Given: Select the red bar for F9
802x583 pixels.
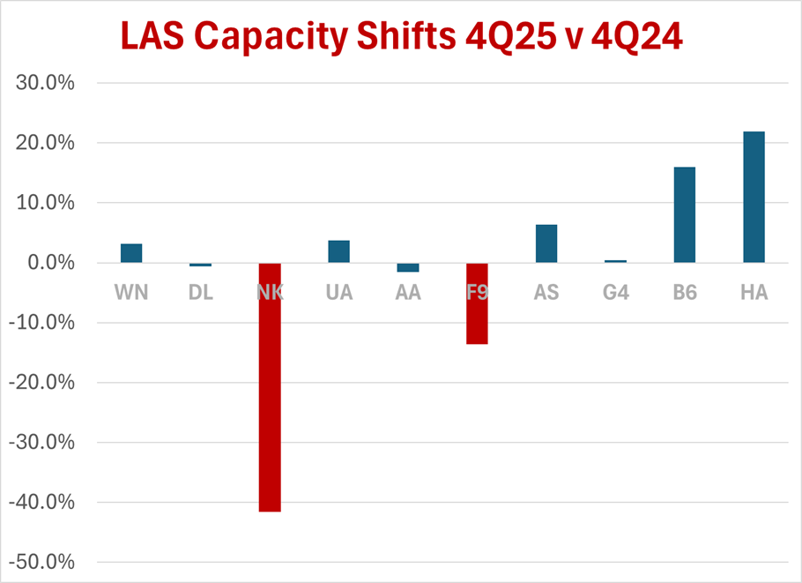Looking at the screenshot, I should click(x=477, y=303).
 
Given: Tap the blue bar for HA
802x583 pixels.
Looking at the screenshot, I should click(x=754, y=197).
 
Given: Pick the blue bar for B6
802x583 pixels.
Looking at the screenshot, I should click(x=685, y=214).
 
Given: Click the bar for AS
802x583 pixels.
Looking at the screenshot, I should click(x=546, y=243).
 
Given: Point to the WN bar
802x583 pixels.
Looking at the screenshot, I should click(x=131, y=253).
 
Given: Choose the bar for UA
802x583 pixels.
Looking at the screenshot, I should click(x=338, y=251).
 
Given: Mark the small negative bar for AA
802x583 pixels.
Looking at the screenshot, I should click(x=408, y=267).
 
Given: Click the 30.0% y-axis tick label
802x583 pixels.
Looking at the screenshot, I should click(x=46, y=84).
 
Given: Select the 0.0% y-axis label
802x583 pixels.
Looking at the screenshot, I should click(x=50, y=263).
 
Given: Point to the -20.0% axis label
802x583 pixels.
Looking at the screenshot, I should click(x=43, y=383).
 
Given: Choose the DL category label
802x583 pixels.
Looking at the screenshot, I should click(x=201, y=292).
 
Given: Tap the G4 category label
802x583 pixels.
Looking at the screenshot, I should click(x=615, y=292).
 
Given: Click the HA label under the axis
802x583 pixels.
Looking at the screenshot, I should click(x=754, y=292).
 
